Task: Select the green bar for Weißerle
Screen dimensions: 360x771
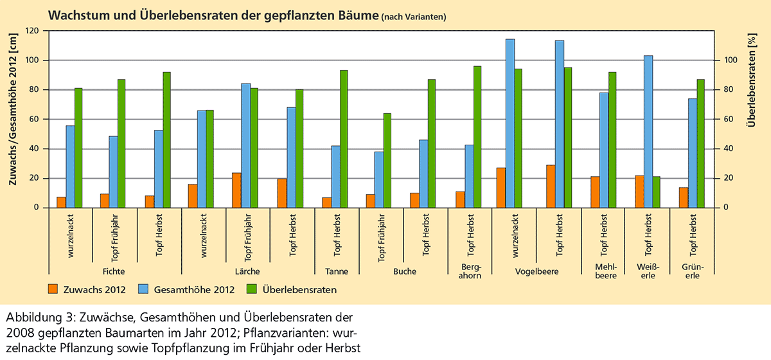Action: coord(657,192)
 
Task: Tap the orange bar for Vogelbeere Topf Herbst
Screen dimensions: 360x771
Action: coord(550,186)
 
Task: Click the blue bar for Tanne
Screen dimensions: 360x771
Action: coord(336,177)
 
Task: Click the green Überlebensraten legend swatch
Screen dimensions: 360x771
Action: coord(252,289)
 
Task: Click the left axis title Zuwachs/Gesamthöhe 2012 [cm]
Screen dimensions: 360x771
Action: coord(13,119)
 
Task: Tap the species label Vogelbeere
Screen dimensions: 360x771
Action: coord(536,271)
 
